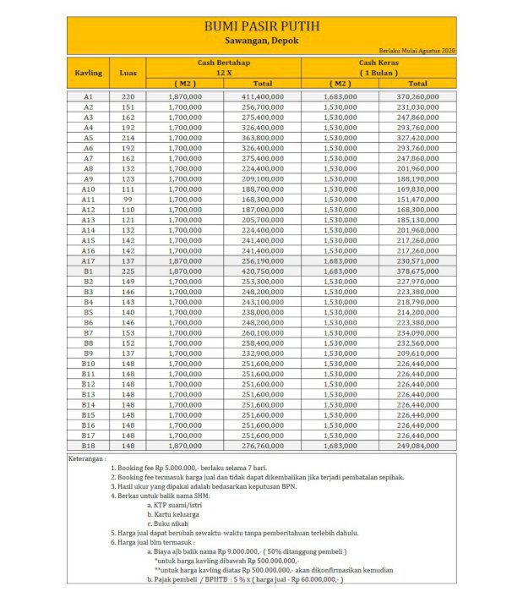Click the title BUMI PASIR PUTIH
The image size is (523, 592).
[261, 27]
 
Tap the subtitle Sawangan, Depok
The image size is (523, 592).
[261, 40]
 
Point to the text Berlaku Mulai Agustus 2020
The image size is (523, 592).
[417, 52]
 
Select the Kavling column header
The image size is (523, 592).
[89, 73]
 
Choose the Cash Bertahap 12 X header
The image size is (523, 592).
[224, 68]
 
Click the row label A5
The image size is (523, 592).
[89, 138]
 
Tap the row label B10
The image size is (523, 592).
[89, 364]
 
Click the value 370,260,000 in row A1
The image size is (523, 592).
[417, 97]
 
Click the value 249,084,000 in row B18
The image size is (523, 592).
[417, 445]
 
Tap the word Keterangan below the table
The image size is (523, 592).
[93, 458]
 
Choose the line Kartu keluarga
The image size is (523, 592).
[177, 514]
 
